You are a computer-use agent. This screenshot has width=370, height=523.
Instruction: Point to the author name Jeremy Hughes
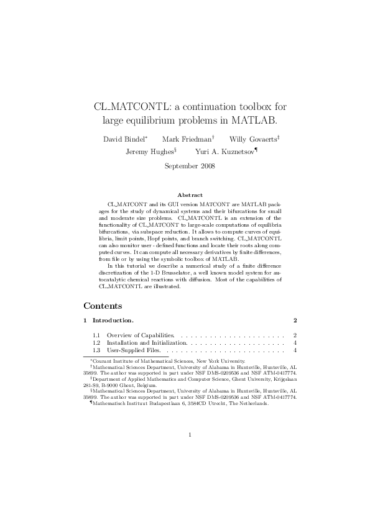click(x=149, y=152)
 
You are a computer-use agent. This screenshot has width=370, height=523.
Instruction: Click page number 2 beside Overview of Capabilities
click(x=294, y=335)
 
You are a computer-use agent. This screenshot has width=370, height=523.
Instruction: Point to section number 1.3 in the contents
click(x=96, y=351)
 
